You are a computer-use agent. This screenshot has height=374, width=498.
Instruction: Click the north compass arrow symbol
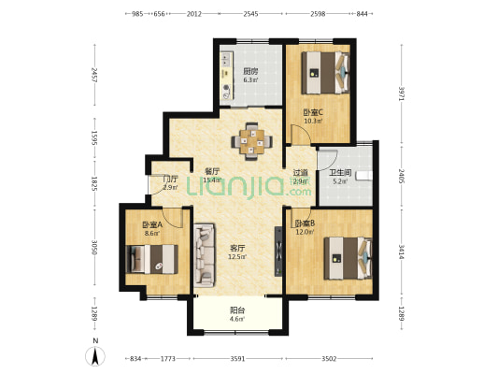[x=95, y=356]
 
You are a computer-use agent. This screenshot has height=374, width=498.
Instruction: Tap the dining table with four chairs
[x=252, y=141]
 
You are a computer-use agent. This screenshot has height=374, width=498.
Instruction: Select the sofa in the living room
[x=204, y=255]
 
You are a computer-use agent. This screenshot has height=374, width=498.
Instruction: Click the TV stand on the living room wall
[x=278, y=252]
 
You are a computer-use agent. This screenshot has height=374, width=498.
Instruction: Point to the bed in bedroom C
[x=325, y=73]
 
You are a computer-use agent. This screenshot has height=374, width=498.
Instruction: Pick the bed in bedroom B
[x=348, y=258]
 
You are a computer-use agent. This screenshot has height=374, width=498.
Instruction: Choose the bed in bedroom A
[x=151, y=259]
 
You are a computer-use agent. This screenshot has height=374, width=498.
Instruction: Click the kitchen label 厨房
[x=250, y=71]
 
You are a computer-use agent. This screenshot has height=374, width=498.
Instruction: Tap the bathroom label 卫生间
[x=340, y=173]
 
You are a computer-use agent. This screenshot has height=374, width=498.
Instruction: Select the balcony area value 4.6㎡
[x=237, y=319]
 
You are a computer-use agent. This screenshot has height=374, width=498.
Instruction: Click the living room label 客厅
[x=237, y=248]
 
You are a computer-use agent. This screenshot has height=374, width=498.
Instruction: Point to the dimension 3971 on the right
[x=402, y=93]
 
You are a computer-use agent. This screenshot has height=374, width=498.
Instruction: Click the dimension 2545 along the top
[x=251, y=14]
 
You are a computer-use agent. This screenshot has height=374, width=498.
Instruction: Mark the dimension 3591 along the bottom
[x=237, y=359]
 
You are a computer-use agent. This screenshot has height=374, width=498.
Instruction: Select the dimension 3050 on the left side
[x=94, y=247]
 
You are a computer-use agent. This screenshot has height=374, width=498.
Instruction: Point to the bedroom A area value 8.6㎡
[x=152, y=234]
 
